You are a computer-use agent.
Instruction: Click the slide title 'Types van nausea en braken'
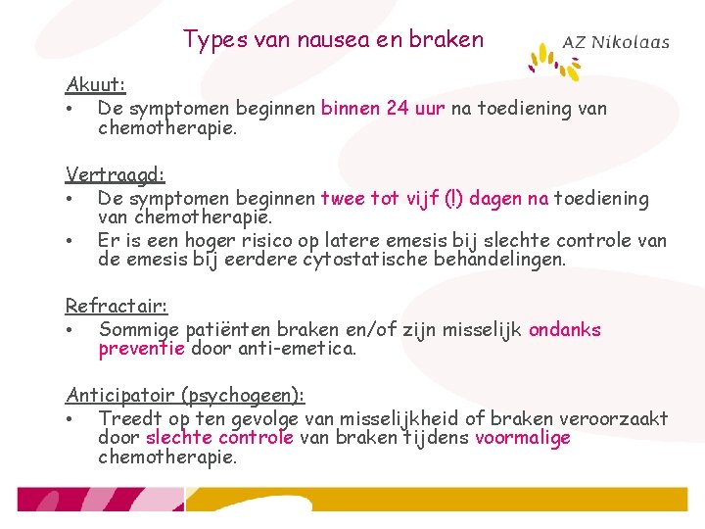[x=333, y=40]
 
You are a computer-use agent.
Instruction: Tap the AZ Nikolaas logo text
[x=615, y=42]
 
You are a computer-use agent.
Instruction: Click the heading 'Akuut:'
[x=95, y=85]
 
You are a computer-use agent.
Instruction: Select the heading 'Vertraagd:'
[x=115, y=175]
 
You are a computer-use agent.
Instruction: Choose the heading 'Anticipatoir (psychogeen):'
[x=185, y=395]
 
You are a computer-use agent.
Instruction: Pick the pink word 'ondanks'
[x=564, y=330]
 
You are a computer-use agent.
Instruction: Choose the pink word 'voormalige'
[x=522, y=438]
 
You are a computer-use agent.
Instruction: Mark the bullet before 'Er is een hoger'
[x=71, y=241]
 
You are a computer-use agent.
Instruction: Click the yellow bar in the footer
[x=441, y=500]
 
